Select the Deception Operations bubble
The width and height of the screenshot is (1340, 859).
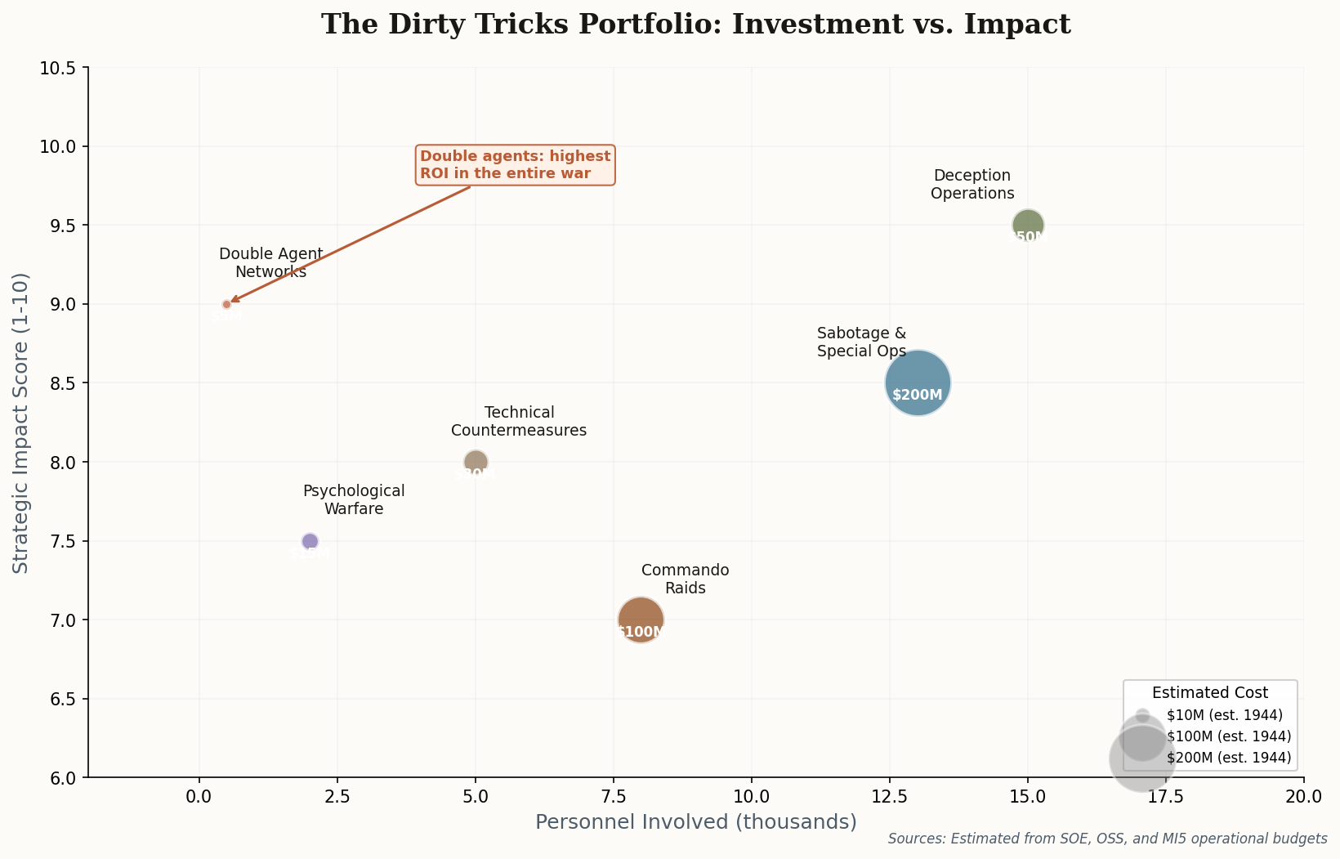click(1028, 224)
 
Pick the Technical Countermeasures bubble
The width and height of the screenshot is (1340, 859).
click(476, 461)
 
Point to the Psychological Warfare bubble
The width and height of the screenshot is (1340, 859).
click(310, 541)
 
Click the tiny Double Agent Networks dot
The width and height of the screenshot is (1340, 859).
click(227, 304)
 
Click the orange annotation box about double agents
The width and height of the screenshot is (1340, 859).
click(515, 165)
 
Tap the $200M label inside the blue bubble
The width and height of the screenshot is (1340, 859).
click(918, 395)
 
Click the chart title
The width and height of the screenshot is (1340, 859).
click(695, 25)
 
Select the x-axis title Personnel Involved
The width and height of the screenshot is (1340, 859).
click(695, 822)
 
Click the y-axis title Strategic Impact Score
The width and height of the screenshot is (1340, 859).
click(21, 423)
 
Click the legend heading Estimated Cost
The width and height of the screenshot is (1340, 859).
click(1209, 692)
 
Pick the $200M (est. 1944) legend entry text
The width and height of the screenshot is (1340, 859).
click(1228, 758)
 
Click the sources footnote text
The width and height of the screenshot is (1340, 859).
click(1107, 839)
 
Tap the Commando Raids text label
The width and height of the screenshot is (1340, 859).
click(685, 579)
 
